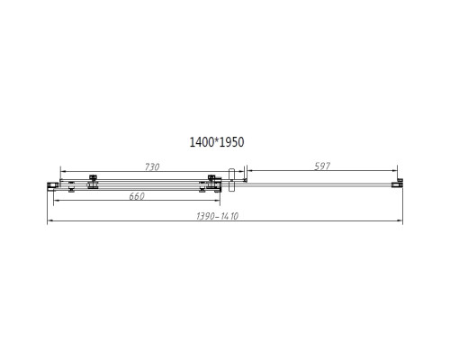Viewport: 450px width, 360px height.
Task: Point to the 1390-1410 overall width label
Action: point(221,218)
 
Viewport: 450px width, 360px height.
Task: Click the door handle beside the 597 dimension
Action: point(232,179)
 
